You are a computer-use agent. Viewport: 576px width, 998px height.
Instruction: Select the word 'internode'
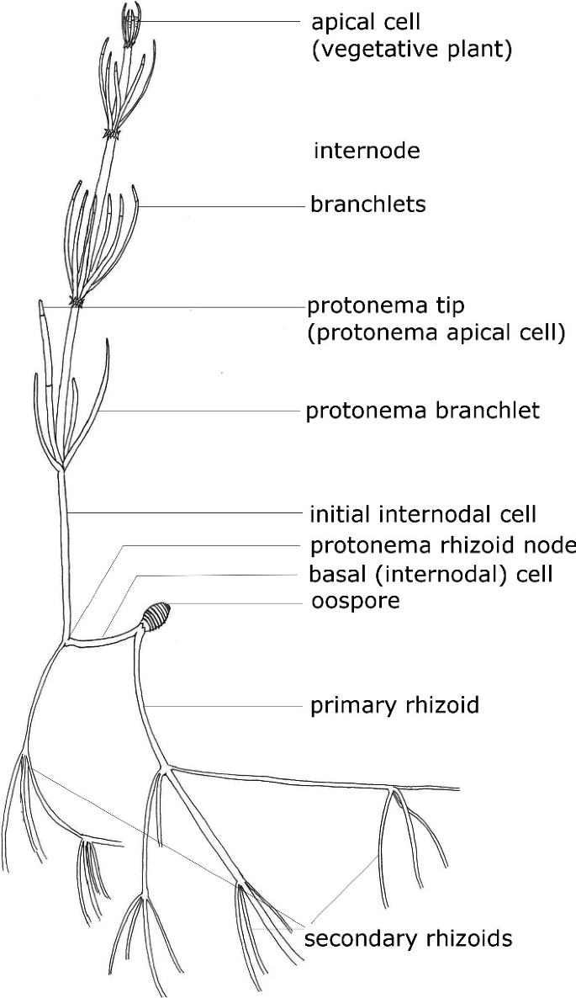coord(367,151)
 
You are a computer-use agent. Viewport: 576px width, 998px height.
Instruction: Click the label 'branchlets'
coord(367,204)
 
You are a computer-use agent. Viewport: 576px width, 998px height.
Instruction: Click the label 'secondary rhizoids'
coord(408,938)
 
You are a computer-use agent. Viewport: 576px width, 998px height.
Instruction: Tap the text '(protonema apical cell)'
coord(435,332)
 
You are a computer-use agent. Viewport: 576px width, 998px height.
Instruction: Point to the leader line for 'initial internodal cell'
coord(185,512)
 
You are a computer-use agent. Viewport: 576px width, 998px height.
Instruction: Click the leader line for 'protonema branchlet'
coord(202,411)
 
